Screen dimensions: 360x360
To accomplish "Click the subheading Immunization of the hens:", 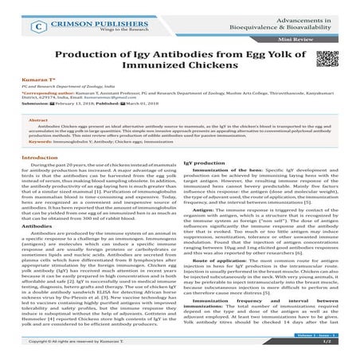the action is coord(231,194).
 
